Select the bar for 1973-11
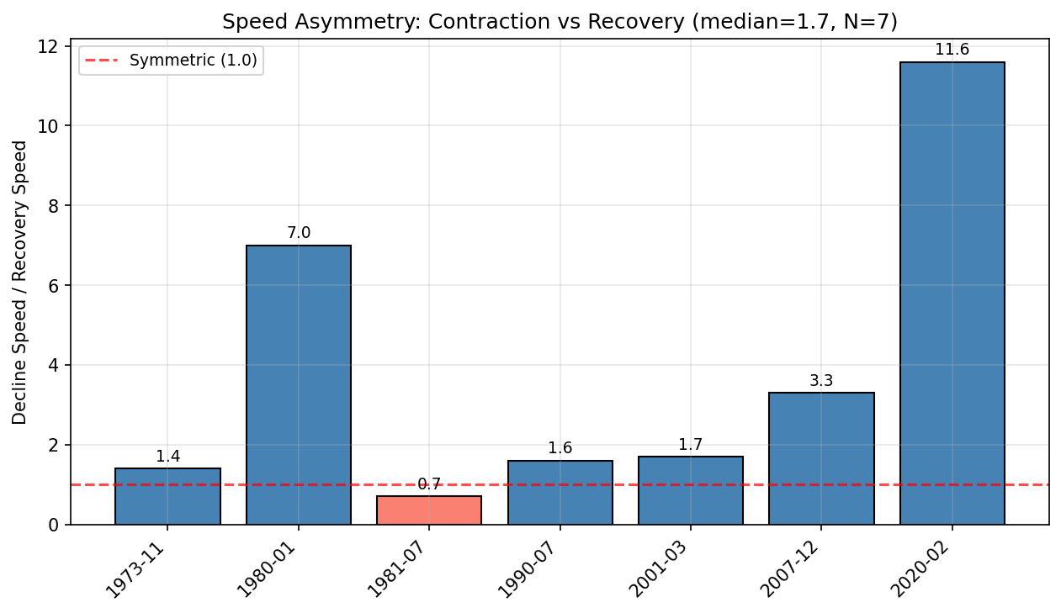click(x=167, y=496)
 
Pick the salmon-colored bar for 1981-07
click(x=429, y=510)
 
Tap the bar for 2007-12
click(x=821, y=458)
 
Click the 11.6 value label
click(x=952, y=50)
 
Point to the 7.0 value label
click(x=299, y=233)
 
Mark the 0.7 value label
click(x=429, y=484)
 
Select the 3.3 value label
click(x=821, y=381)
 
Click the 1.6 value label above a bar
click(x=560, y=448)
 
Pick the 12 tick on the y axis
click(x=53, y=46)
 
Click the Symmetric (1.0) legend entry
click(x=193, y=61)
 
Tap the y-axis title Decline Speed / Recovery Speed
click(x=20, y=283)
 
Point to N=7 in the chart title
click(x=874, y=22)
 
